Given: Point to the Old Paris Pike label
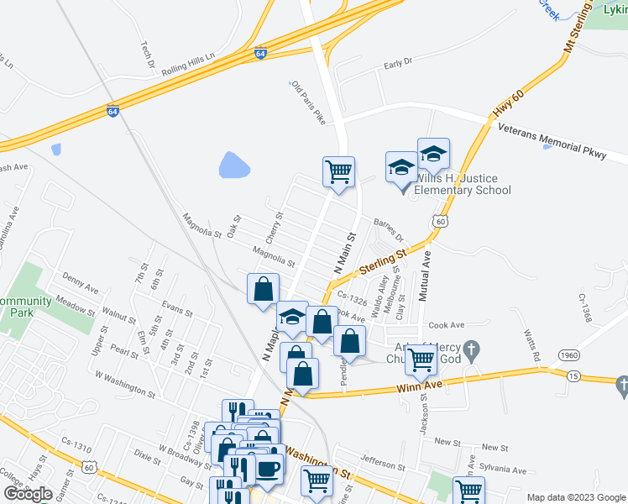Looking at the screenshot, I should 308,103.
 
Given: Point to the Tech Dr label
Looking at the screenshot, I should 148,55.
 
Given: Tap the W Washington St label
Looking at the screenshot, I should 125,384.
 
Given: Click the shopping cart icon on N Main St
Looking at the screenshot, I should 338,171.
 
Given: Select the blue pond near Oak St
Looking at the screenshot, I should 234,165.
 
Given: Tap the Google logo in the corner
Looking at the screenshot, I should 29,494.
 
